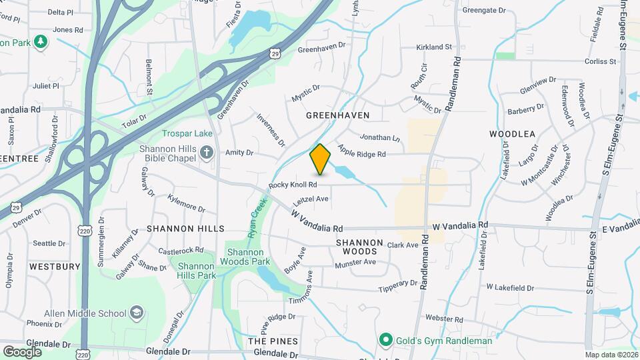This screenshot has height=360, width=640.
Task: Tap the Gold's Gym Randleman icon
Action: pos(385,341)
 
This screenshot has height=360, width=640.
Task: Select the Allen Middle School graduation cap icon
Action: pos(137,313)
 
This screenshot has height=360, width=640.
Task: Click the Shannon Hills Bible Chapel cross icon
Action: pos(207,153)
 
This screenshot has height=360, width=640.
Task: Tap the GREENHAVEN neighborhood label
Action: pos(337,115)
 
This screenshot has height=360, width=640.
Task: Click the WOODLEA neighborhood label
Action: pos(513,134)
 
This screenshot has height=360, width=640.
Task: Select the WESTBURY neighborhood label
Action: pos(55,267)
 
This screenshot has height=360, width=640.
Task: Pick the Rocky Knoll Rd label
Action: pos(293,184)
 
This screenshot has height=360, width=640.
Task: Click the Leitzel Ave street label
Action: pos(311,199)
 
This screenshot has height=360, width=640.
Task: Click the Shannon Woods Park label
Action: pos(249,257)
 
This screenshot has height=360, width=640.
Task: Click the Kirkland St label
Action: pos(434,47)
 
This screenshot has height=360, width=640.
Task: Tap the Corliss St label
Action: pos(600,61)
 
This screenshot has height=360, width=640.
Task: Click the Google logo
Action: pos(22,351)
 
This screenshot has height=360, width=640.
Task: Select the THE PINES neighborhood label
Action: pos(273,341)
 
